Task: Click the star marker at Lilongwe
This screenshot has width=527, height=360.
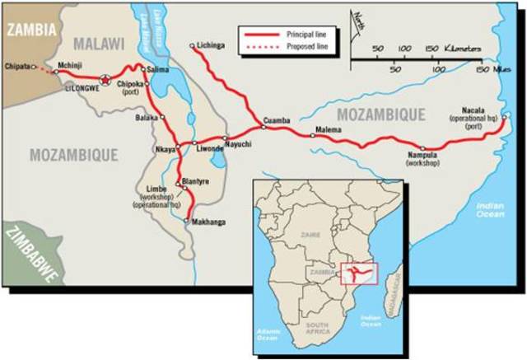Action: pyautogui.click(x=104, y=79)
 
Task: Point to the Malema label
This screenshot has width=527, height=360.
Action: pyautogui.click(x=327, y=129)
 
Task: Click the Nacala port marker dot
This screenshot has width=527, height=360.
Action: pyautogui.click(x=504, y=116)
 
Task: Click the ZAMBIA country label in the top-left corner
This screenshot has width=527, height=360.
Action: pyautogui.click(x=30, y=29)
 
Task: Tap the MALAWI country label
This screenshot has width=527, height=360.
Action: pyautogui.click(x=97, y=43)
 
